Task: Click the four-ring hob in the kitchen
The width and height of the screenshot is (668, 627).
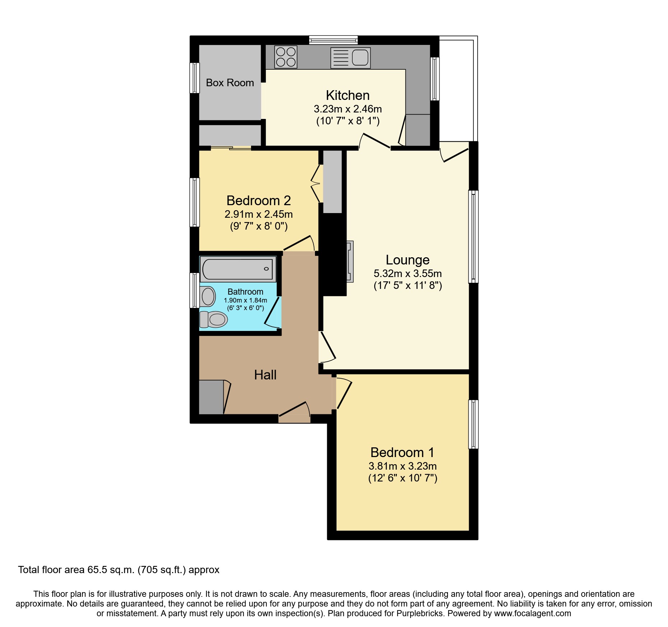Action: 286,57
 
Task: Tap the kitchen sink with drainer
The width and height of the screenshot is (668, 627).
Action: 351,58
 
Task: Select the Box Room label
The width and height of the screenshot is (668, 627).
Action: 230,83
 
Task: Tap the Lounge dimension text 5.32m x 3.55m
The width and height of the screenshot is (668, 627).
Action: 408,273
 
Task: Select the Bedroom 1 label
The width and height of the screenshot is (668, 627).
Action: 402,452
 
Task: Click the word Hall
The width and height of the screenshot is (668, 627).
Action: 265,375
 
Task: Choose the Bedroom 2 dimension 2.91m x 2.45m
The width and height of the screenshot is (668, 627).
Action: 259,214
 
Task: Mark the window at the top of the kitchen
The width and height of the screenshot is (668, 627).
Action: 333,40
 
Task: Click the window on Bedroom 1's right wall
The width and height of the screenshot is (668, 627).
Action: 473,424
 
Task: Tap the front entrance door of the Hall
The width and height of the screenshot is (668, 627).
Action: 294,413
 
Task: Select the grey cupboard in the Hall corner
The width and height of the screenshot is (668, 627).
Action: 211,397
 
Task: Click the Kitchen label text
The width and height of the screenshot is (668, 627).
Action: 348,95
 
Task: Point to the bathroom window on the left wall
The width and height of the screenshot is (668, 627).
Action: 194,290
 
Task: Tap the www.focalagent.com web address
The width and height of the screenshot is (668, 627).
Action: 532,613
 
